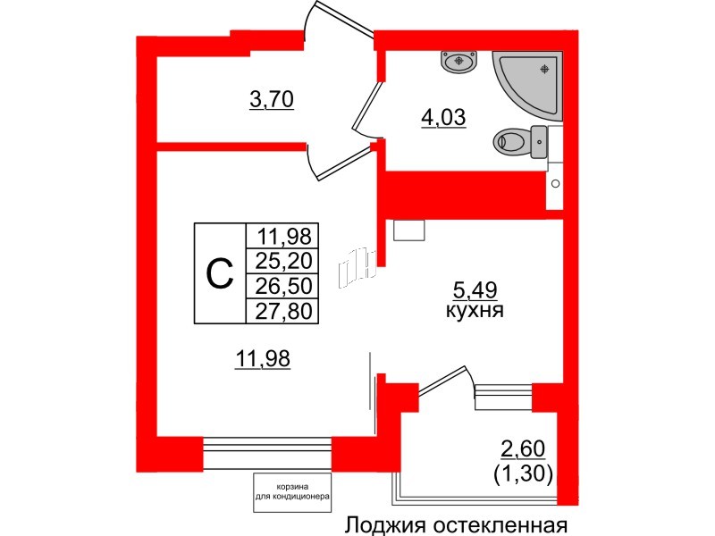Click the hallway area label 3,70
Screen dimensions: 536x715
click(271, 100)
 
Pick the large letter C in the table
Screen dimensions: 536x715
click(220, 274)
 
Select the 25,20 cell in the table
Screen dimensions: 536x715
click(284, 261)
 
